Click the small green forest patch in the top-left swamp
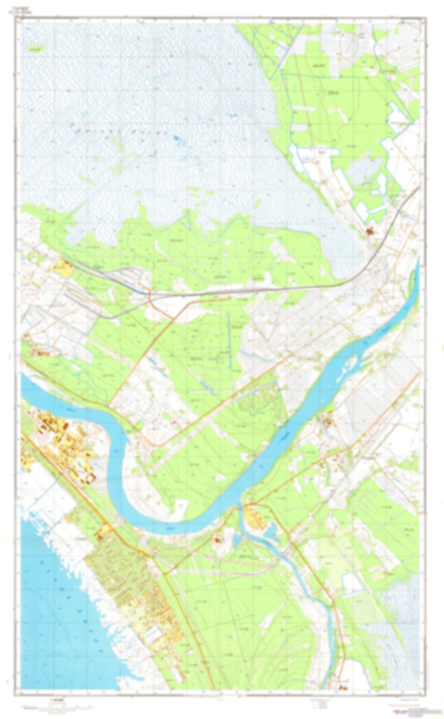point(35,48)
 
